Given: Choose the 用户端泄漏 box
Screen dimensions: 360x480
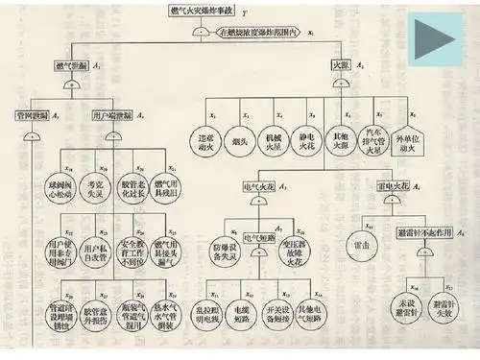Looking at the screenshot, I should (x=112, y=114).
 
